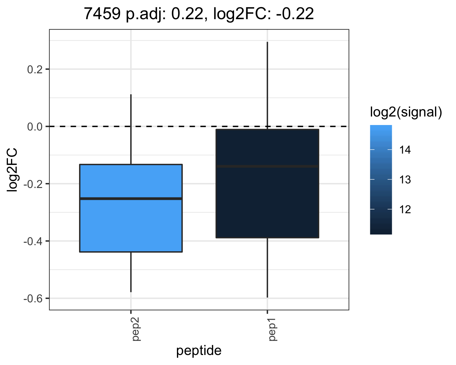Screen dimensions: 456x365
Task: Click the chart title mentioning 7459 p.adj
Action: (199, 14)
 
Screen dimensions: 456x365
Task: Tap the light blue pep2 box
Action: (131, 208)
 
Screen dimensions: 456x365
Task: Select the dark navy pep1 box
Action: (268, 183)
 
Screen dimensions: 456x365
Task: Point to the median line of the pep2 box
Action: (131, 199)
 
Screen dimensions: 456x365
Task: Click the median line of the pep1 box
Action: (268, 166)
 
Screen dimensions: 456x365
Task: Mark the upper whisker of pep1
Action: (268, 85)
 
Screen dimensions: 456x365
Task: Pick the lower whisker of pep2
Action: (131, 272)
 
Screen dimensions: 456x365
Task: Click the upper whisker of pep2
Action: (131, 129)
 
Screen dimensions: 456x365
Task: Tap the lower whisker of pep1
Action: (268, 268)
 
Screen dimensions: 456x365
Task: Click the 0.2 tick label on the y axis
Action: (35, 70)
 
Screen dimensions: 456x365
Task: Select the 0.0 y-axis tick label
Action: (35, 127)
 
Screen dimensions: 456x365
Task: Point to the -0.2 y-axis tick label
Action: (33, 184)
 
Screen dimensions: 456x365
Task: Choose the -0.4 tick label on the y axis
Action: (33, 242)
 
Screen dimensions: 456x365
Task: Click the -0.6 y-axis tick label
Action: (33, 299)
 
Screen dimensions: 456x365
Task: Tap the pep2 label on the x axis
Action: (136, 329)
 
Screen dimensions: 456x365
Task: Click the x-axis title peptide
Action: (199, 351)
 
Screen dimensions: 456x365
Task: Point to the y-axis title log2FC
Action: (12, 170)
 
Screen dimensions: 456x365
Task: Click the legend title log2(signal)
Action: (406, 112)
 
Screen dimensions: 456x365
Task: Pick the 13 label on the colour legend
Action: (405, 180)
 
